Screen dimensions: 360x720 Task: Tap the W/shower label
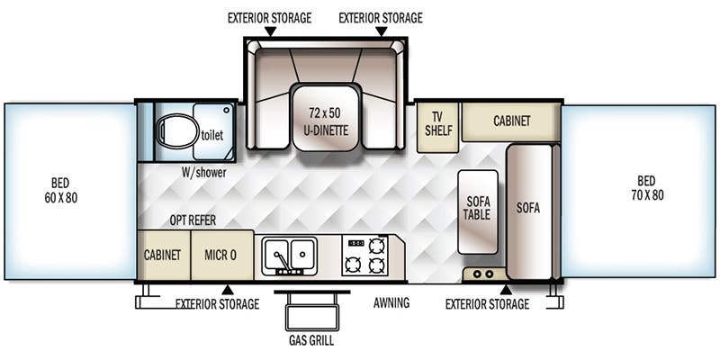pos(203,172)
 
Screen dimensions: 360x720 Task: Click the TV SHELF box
pos(438,125)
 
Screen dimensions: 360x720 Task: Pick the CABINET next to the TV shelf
pos(511,121)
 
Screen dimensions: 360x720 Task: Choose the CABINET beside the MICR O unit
pos(163,255)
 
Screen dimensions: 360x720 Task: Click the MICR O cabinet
pos(220,255)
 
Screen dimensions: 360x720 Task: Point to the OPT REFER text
pos(193,220)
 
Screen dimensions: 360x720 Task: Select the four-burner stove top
pos(365,255)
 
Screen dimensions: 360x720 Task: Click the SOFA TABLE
pos(478,211)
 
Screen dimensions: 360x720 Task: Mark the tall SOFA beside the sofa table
pos(529,209)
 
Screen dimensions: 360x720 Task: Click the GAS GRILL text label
pos(311,342)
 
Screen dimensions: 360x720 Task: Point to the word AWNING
pos(391,303)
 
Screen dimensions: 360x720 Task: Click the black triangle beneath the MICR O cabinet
pos(228,290)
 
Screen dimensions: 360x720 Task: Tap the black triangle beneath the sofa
pos(506,290)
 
